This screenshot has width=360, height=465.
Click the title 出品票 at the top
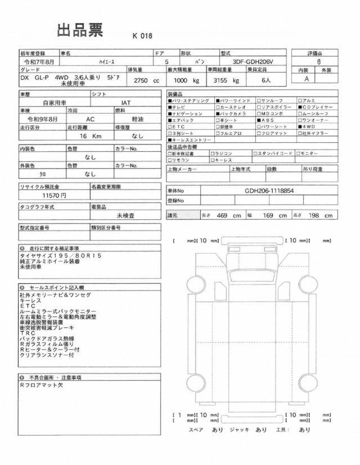(80, 30)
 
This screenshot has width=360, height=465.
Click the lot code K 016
(142, 35)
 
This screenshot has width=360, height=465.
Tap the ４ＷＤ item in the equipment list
(321, 127)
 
